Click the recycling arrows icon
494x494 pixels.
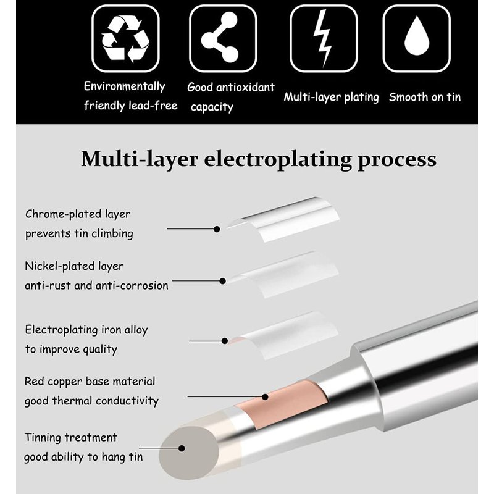point(125,39)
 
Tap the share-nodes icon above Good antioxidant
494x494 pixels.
point(220,37)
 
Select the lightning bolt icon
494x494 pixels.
point(322,38)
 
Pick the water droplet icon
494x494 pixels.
point(416,36)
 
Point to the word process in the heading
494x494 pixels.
point(397,160)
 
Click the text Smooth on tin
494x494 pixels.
point(425,97)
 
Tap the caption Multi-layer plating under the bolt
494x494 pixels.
point(331,98)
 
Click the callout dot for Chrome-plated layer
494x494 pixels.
point(217,229)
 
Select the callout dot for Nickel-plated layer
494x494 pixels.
point(222,281)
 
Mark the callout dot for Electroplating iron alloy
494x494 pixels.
point(225,341)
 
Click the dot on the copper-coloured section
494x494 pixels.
point(266,397)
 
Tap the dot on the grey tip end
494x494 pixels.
point(182,448)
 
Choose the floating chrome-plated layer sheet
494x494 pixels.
point(283,219)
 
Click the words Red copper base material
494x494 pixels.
point(90,382)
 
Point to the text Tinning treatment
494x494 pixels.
point(70,437)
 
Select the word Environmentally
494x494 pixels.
point(125,86)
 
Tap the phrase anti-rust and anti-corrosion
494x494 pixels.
point(96,285)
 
